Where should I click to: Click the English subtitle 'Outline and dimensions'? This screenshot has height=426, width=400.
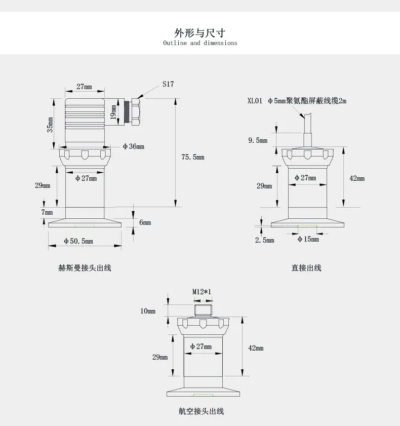point(200,43)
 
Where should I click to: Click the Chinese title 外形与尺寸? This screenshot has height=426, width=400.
point(200,33)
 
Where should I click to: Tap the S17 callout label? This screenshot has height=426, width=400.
point(168,84)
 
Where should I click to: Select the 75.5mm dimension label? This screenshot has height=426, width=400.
point(193,157)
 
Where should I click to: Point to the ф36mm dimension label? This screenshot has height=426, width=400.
point(133,146)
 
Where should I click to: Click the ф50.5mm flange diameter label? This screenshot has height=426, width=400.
point(78,241)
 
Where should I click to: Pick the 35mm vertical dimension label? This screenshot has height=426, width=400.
point(50,125)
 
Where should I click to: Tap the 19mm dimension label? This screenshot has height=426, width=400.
point(113,112)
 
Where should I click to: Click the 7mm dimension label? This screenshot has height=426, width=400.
point(47,212)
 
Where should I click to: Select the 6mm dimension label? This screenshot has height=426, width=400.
point(145,222)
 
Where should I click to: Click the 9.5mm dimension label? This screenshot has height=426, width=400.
point(258,140)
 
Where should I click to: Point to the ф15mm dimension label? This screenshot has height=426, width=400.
point(308,239)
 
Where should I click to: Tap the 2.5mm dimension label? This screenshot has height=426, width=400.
point(264,240)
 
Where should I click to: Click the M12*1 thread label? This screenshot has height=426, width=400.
point(202,292)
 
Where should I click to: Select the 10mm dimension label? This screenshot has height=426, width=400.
point(148,311)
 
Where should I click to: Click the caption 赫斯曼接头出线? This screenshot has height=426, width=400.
point(85,268)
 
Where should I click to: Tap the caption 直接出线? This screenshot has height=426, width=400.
point(306,268)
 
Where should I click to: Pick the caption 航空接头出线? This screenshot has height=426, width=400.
point(201,411)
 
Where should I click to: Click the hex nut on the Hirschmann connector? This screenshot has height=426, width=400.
point(136,112)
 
